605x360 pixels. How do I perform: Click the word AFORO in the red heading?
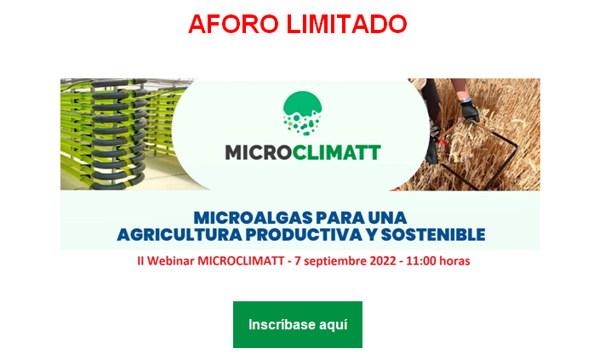tap(233, 24)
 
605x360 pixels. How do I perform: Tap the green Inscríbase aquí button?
tap(298, 324)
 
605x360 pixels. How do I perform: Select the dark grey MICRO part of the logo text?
tap(259, 152)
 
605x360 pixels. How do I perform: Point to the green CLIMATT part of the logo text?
tap(336, 152)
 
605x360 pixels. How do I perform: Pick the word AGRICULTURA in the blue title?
tap(180, 235)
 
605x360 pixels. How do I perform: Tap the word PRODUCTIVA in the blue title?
tap(304, 235)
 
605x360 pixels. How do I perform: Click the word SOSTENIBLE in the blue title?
tap(433, 235)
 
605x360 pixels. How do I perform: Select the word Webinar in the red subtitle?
tap(170, 260)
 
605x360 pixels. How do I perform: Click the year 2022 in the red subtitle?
tap(383, 260)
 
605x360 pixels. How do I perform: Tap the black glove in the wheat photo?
tap(469, 111)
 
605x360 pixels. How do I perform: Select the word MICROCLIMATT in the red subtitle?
tap(241, 260)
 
